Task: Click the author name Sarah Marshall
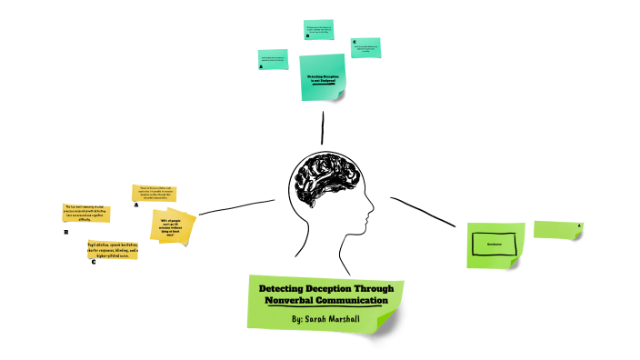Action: pos(325,320)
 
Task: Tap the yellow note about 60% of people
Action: pos(174,226)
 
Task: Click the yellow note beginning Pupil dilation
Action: pos(113,250)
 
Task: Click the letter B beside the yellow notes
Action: pos(65,233)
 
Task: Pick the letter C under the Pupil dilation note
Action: pos(93,263)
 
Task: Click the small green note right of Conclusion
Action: pos(556,229)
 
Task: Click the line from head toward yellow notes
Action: pos(236,206)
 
